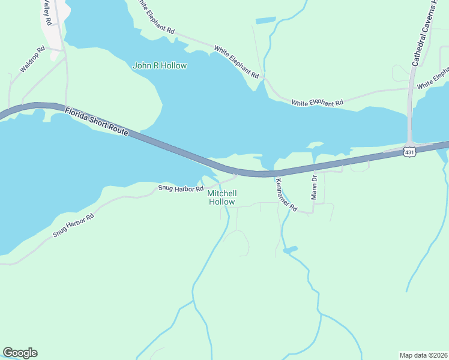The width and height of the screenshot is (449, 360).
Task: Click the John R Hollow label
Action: point(160,65)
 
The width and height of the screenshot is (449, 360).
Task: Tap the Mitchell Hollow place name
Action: point(222,197)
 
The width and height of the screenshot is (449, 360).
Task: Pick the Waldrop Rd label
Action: point(32,60)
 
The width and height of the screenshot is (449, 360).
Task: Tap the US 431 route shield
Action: point(409,152)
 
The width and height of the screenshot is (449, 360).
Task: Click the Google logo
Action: point(20,353)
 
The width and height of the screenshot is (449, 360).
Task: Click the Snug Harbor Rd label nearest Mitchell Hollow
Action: point(181,188)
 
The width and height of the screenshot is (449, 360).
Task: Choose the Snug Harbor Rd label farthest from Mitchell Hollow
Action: point(73,225)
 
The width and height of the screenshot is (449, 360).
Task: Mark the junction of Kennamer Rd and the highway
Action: point(276,173)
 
